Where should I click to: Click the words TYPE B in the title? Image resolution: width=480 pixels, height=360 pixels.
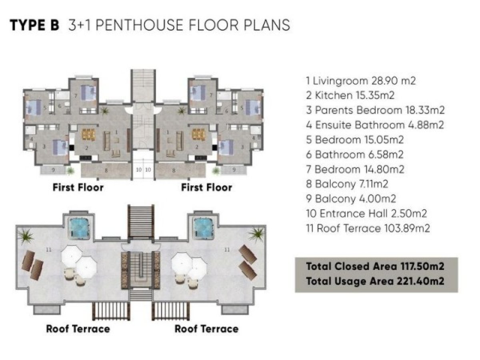pyautogui.click(x=34, y=25)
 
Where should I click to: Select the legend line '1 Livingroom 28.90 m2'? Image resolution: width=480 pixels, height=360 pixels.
pyautogui.click(x=361, y=81)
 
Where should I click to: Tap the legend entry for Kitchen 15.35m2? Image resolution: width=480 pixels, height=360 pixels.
pyautogui.click(x=350, y=96)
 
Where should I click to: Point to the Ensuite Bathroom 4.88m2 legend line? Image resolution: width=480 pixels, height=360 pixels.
pyautogui.click(x=375, y=125)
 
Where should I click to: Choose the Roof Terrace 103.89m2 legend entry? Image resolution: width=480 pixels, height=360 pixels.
pyautogui.click(x=368, y=228)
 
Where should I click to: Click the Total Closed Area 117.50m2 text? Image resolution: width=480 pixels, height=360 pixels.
pyautogui.click(x=375, y=266)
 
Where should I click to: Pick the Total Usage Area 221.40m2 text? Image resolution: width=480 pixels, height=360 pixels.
pyautogui.click(x=375, y=281)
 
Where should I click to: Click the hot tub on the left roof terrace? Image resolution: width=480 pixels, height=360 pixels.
pyautogui.click(x=79, y=229)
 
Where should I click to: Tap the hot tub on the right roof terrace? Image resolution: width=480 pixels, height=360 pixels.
pyautogui.click(x=202, y=229)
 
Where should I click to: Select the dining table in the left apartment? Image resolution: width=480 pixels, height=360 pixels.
pyautogui.click(x=88, y=135)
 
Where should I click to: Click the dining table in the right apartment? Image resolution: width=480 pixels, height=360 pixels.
pyautogui.click(x=198, y=135)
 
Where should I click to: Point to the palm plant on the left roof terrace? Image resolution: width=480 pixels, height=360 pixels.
pyautogui.click(x=25, y=236)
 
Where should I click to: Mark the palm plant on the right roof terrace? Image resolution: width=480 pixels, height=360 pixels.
pyautogui.click(x=256, y=235)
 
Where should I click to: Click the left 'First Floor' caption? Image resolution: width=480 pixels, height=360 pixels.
pyautogui.click(x=78, y=188)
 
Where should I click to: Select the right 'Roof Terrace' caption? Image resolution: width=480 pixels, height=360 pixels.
pyautogui.click(x=206, y=329)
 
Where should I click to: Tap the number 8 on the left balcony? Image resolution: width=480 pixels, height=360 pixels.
pyautogui.click(x=106, y=170)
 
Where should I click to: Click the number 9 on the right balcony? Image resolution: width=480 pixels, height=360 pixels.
pyautogui.click(x=234, y=169)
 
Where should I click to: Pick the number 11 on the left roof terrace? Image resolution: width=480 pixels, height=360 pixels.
pyautogui.click(x=48, y=250)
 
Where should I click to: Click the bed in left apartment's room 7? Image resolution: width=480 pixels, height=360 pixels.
pyautogui.click(x=88, y=93)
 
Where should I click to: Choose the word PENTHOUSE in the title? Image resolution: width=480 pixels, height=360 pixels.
pyautogui.click(x=139, y=25)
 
